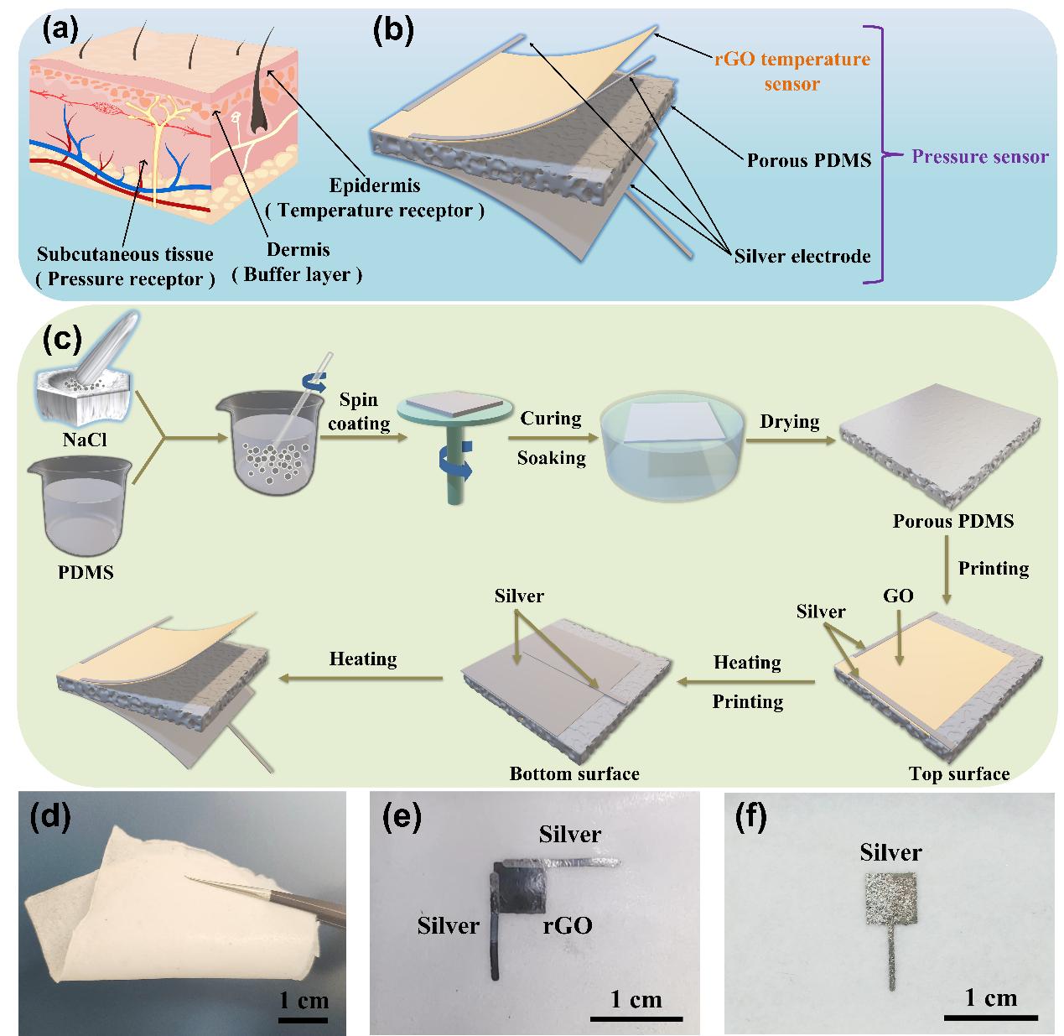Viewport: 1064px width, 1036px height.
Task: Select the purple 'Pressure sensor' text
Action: [x=979, y=156]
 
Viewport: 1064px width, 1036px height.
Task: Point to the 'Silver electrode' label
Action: [x=801, y=256]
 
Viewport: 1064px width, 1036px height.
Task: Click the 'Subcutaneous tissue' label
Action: [x=125, y=253]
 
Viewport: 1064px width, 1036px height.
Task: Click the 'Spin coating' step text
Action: [x=359, y=412]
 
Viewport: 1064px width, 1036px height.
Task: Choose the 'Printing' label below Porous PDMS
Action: [x=993, y=568]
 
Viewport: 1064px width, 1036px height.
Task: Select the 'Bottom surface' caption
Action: [x=574, y=773]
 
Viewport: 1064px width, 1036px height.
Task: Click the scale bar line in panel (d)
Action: [x=303, y=1020]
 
